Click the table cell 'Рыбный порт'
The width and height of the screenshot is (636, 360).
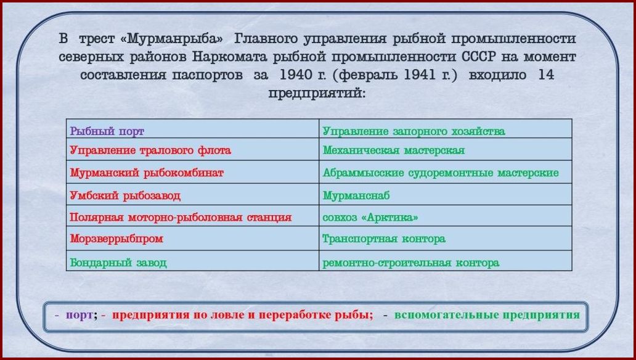coord(193,129)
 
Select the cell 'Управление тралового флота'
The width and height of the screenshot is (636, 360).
coord(193,149)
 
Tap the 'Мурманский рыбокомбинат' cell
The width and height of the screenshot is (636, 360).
coord(193,172)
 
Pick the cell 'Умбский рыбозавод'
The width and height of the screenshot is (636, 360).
coord(193,194)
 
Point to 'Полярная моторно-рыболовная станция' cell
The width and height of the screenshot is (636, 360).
coord(193,216)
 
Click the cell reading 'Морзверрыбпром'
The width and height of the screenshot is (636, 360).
coord(193,238)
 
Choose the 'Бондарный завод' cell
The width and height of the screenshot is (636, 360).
coord(193,261)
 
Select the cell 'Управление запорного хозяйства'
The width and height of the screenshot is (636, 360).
coord(446,129)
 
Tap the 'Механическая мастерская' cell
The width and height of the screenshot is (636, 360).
coord(446,149)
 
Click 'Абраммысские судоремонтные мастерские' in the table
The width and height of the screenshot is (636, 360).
coord(446,172)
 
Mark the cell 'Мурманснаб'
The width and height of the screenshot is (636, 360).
coord(446,194)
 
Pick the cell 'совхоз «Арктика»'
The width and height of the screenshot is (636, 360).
coord(446,216)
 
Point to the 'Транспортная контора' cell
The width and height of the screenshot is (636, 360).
coord(446,238)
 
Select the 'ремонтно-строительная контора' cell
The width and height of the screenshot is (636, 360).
coord(446,261)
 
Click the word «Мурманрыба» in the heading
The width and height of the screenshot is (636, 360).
coord(172,39)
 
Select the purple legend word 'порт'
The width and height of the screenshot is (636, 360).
coord(79,316)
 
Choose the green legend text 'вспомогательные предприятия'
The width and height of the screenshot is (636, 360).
coord(487,316)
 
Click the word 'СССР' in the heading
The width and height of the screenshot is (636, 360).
coord(478,57)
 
